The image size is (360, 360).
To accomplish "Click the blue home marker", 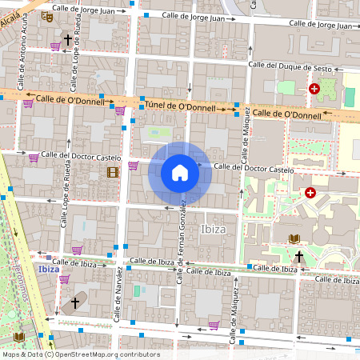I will [x=180, y=173].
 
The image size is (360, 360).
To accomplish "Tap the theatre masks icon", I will [x=46, y=15].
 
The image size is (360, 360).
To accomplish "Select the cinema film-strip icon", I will [x=112, y=172].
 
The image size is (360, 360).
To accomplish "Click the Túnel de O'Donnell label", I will [x=183, y=106].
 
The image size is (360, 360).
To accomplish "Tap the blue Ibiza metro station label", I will [x=49, y=270].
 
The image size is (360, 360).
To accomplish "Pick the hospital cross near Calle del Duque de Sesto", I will [x=314, y=90].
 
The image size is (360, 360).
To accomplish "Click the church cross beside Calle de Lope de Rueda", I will [x=68, y=39].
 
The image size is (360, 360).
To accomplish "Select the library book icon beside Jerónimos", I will [x=19, y=337].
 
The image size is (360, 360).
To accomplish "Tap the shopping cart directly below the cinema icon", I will [x=133, y=166].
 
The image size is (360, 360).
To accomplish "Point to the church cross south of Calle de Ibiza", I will [x=75, y=303].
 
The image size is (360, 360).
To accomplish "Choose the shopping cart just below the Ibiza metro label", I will [x=64, y=279].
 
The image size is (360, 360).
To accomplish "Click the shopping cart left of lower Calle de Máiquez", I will [x=214, y=325].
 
